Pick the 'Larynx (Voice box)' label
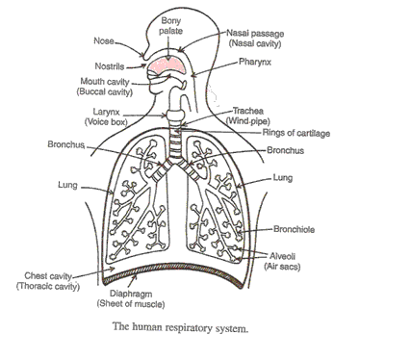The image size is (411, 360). (x=115, y=117)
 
